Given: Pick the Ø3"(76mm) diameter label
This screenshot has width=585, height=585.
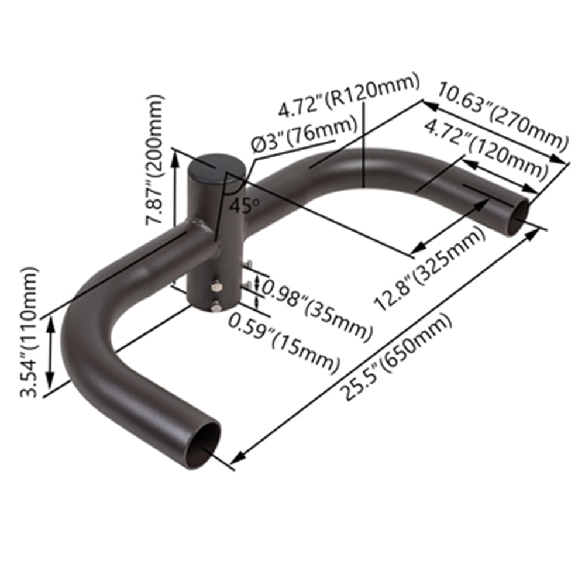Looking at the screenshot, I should pos(304,136).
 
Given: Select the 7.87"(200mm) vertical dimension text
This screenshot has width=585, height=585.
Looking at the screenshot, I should pos(156,160).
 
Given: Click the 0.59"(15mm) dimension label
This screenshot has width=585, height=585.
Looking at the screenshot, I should pos(284,343).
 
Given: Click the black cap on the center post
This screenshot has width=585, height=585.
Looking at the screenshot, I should pos(212,166).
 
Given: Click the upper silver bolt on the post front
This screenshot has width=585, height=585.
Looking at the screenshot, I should pos(217,286).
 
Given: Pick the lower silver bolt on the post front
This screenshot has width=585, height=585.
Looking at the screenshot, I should pos(217,305).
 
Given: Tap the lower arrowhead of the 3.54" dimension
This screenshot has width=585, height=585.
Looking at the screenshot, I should pos(51,381).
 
